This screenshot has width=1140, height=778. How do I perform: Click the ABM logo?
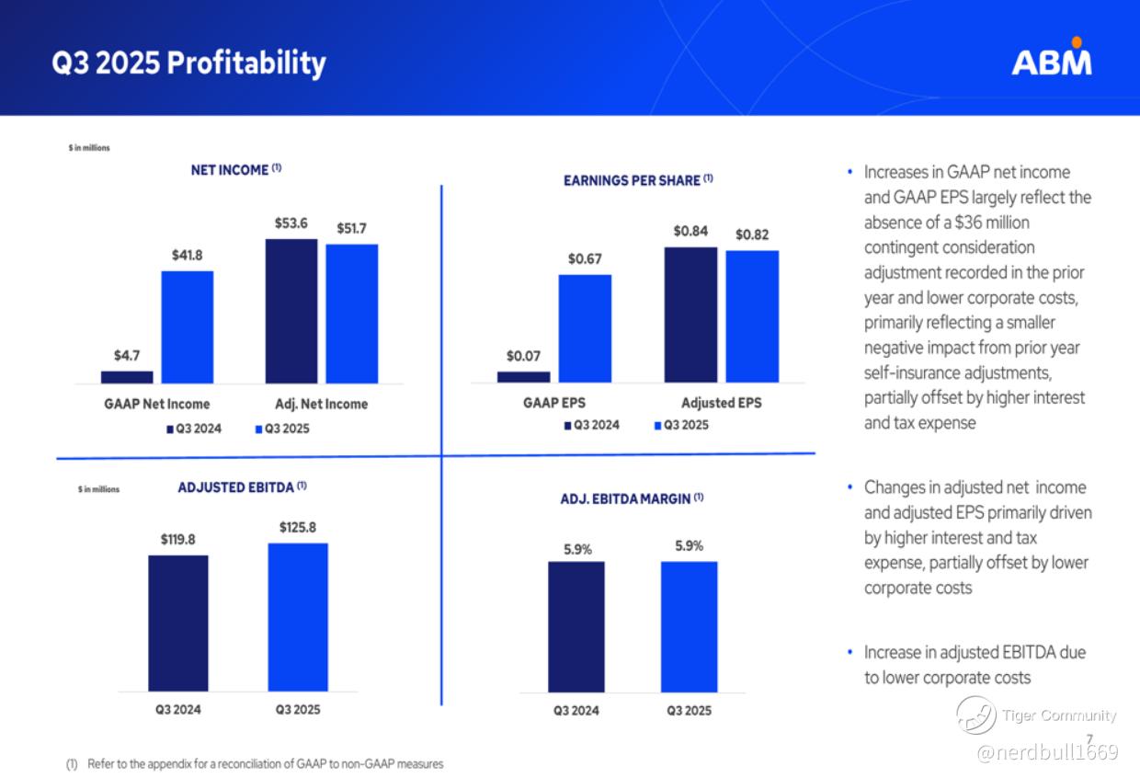pyautogui.click(x=1052, y=59)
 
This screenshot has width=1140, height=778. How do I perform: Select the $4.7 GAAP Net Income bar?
pyautogui.click(x=127, y=377)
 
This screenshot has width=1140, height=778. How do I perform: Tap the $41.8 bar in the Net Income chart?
pyautogui.click(x=188, y=326)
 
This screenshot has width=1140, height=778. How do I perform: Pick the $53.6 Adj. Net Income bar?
pyautogui.click(x=291, y=311)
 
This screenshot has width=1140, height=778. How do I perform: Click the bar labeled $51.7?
pyautogui.click(x=351, y=314)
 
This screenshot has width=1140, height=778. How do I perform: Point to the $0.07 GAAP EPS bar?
pyautogui.click(x=523, y=377)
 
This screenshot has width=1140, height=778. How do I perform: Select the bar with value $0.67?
pyautogui.click(x=585, y=328)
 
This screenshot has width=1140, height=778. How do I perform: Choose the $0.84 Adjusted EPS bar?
pyautogui.click(x=690, y=315)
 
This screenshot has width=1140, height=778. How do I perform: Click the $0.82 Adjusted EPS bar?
pyautogui.click(x=752, y=316)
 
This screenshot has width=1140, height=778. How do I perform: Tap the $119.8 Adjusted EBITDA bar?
pyautogui.click(x=178, y=623)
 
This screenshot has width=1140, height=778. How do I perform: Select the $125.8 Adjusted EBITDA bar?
pyautogui.click(x=298, y=617)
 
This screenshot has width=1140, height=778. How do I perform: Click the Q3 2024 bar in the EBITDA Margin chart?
pyautogui.click(x=576, y=626)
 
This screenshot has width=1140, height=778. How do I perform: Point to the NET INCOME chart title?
pyautogui.click(x=235, y=170)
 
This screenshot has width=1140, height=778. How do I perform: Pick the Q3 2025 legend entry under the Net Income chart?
pyautogui.click(x=282, y=429)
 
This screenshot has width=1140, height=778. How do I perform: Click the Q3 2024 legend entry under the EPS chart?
pyautogui.click(x=592, y=425)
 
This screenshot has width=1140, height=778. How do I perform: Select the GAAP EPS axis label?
pyautogui.click(x=553, y=403)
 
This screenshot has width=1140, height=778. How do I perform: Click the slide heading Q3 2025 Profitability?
pyautogui.click(x=188, y=63)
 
